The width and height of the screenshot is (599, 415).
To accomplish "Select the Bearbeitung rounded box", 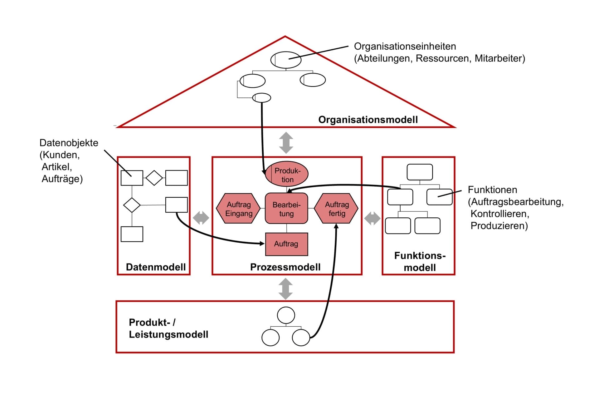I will click(x=286, y=209).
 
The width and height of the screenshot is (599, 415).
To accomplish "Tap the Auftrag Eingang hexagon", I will click(x=239, y=209).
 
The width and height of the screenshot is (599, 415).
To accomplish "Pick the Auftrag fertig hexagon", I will click(x=336, y=209).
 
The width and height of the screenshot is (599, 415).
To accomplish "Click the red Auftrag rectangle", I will click(x=286, y=244).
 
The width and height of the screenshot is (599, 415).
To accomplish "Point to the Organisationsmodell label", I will click(x=368, y=120).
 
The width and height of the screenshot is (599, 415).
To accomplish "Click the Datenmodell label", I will click(x=156, y=267).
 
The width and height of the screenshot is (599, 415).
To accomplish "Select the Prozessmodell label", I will click(x=285, y=267).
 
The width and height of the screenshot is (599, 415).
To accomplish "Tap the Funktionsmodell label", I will click(x=420, y=262).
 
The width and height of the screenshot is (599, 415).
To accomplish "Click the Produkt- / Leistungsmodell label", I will click(x=168, y=328).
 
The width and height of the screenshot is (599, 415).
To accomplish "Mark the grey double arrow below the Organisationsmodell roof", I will click(x=286, y=143).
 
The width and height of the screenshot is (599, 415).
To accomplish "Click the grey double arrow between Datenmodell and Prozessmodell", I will click(x=201, y=218).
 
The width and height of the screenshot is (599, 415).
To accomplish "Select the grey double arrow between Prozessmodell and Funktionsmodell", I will click(x=372, y=218).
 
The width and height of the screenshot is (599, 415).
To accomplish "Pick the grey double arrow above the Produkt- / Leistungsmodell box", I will click(x=285, y=289).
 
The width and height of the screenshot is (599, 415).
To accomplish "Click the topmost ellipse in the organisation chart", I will click(x=286, y=60).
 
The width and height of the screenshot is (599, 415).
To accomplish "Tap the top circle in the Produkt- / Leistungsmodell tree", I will click(x=286, y=315).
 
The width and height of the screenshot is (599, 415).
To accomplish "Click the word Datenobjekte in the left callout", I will click(x=69, y=143).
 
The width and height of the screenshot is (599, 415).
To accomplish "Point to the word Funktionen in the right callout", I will click(x=492, y=190).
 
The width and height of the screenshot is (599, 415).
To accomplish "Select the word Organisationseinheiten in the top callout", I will click(x=405, y=46).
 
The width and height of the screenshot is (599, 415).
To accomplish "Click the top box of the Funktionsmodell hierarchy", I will click(x=420, y=172).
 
